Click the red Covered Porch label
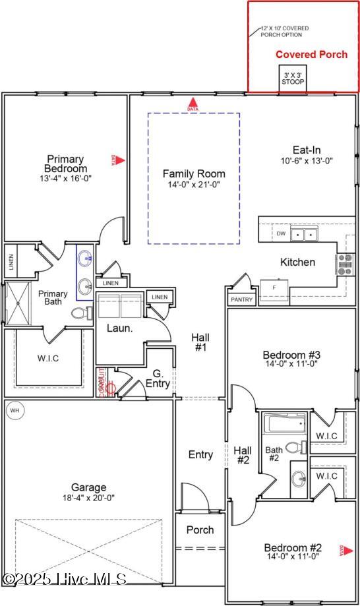coord(311,55)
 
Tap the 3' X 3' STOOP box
coord(293,79)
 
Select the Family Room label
coord(194,174)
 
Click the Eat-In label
coord(307,150)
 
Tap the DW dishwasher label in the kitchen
coord(281,233)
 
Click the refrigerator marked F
coord(274,288)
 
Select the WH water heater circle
coord(15,411)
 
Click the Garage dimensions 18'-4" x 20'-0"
coord(89,499)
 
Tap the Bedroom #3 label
coord(291,354)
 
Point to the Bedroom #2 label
coord(293,547)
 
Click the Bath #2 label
coord(274,455)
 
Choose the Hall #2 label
coord(243,455)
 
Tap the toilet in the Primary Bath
coord(78,313)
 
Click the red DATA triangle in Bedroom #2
coord(342,549)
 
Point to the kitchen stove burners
coord(345,263)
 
